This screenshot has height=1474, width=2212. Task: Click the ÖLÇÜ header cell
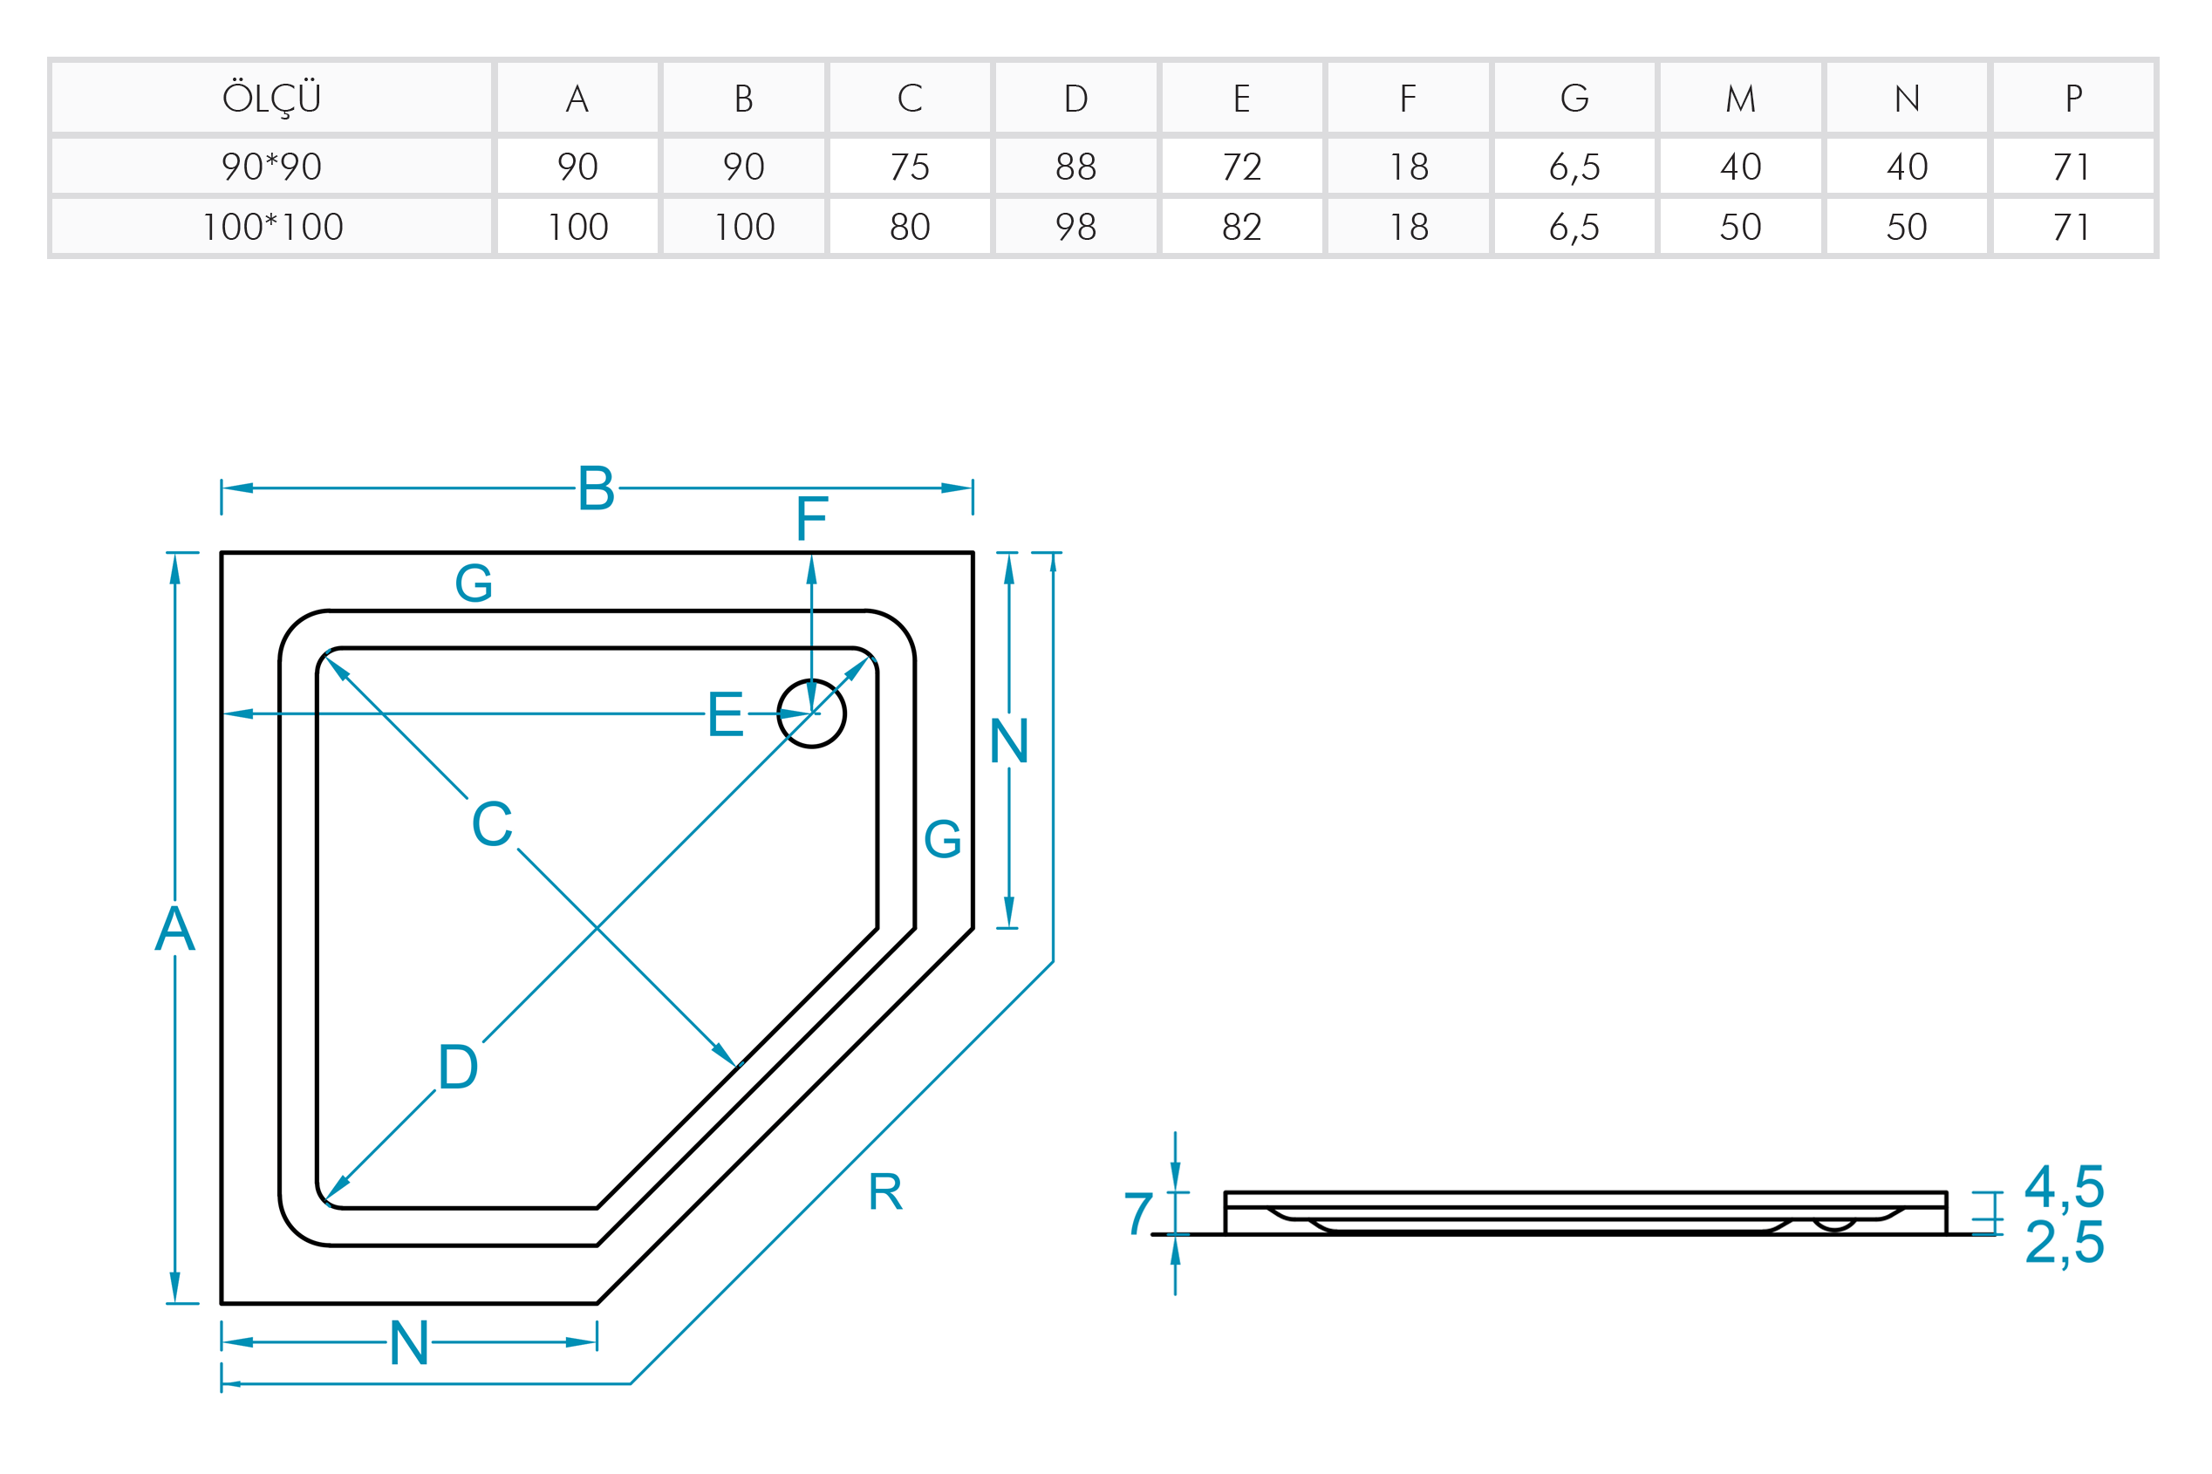coord(271,98)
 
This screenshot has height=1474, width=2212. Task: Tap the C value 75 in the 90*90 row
coord(909,167)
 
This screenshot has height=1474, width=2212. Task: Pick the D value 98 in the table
coord(1075,227)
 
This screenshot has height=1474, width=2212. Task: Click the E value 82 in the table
coord(1242,227)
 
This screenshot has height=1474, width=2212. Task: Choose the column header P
coord(2072,98)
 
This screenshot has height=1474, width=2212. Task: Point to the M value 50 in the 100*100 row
coord(1740,227)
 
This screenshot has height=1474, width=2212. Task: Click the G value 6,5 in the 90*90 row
coord(1574,167)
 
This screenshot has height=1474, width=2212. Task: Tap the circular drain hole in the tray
coord(811,713)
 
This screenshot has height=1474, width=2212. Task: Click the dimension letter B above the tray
coord(596,488)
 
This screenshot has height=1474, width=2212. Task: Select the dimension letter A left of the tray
coord(174,929)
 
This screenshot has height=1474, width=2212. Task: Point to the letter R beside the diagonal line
coord(884,1192)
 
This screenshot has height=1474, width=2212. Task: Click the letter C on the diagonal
coord(492,823)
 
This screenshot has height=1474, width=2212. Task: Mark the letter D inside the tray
coord(458,1066)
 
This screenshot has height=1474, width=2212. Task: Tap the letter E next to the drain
coord(725,713)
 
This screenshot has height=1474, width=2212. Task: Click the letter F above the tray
coord(811,519)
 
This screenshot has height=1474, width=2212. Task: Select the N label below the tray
coord(409,1342)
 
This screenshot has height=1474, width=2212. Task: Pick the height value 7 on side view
coord(1138,1212)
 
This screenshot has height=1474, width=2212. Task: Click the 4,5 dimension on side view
coord(2064,1186)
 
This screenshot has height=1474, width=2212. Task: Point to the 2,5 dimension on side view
coord(2064,1242)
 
